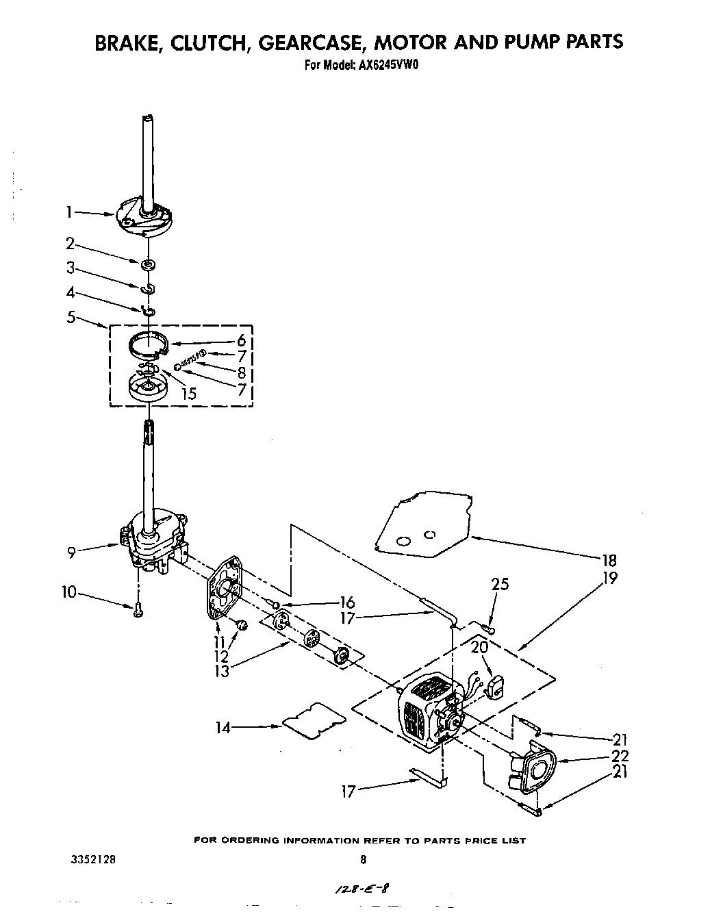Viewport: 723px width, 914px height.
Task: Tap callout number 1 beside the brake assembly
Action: pos(68,213)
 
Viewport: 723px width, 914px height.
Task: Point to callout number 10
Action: pos(69,592)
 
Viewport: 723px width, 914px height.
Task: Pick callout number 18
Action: pos(608,559)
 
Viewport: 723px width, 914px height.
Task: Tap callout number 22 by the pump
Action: pos(620,756)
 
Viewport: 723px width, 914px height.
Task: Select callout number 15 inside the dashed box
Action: pos(188,393)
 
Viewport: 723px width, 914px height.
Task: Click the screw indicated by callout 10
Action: pos(138,611)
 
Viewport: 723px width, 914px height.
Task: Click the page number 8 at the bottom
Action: pos(364,861)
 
